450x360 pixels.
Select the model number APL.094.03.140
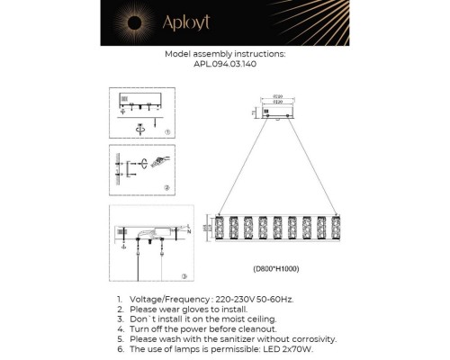point(226,65)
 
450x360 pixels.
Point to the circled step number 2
point(167,187)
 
